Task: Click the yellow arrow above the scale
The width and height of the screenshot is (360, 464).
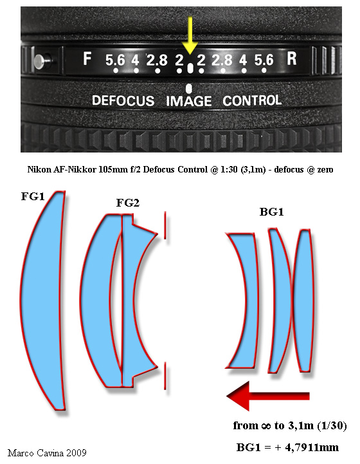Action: click(190, 35)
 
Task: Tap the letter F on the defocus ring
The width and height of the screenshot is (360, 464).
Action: click(87, 59)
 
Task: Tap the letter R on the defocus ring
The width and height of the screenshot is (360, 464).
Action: click(291, 59)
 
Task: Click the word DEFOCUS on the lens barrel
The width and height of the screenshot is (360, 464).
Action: click(123, 100)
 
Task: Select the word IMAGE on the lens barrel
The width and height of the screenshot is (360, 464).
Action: click(189, 101)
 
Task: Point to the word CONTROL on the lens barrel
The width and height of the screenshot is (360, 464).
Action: click(252, 100)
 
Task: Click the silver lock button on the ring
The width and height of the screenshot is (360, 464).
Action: click(39, 62)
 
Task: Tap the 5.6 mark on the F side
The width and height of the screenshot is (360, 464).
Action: click(115, 60)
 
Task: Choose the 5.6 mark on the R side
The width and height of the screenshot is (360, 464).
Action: click(264, 60)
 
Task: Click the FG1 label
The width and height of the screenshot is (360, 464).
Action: click(33, 196)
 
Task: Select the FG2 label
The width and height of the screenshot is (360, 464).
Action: click(128, 203)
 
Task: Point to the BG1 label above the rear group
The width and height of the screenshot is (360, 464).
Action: click(272, 212)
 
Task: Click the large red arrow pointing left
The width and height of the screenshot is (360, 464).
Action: click(268, 396)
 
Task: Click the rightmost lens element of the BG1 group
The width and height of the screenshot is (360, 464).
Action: click(305, 300)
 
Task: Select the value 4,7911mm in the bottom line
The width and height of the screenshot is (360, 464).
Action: click(312, 447)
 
